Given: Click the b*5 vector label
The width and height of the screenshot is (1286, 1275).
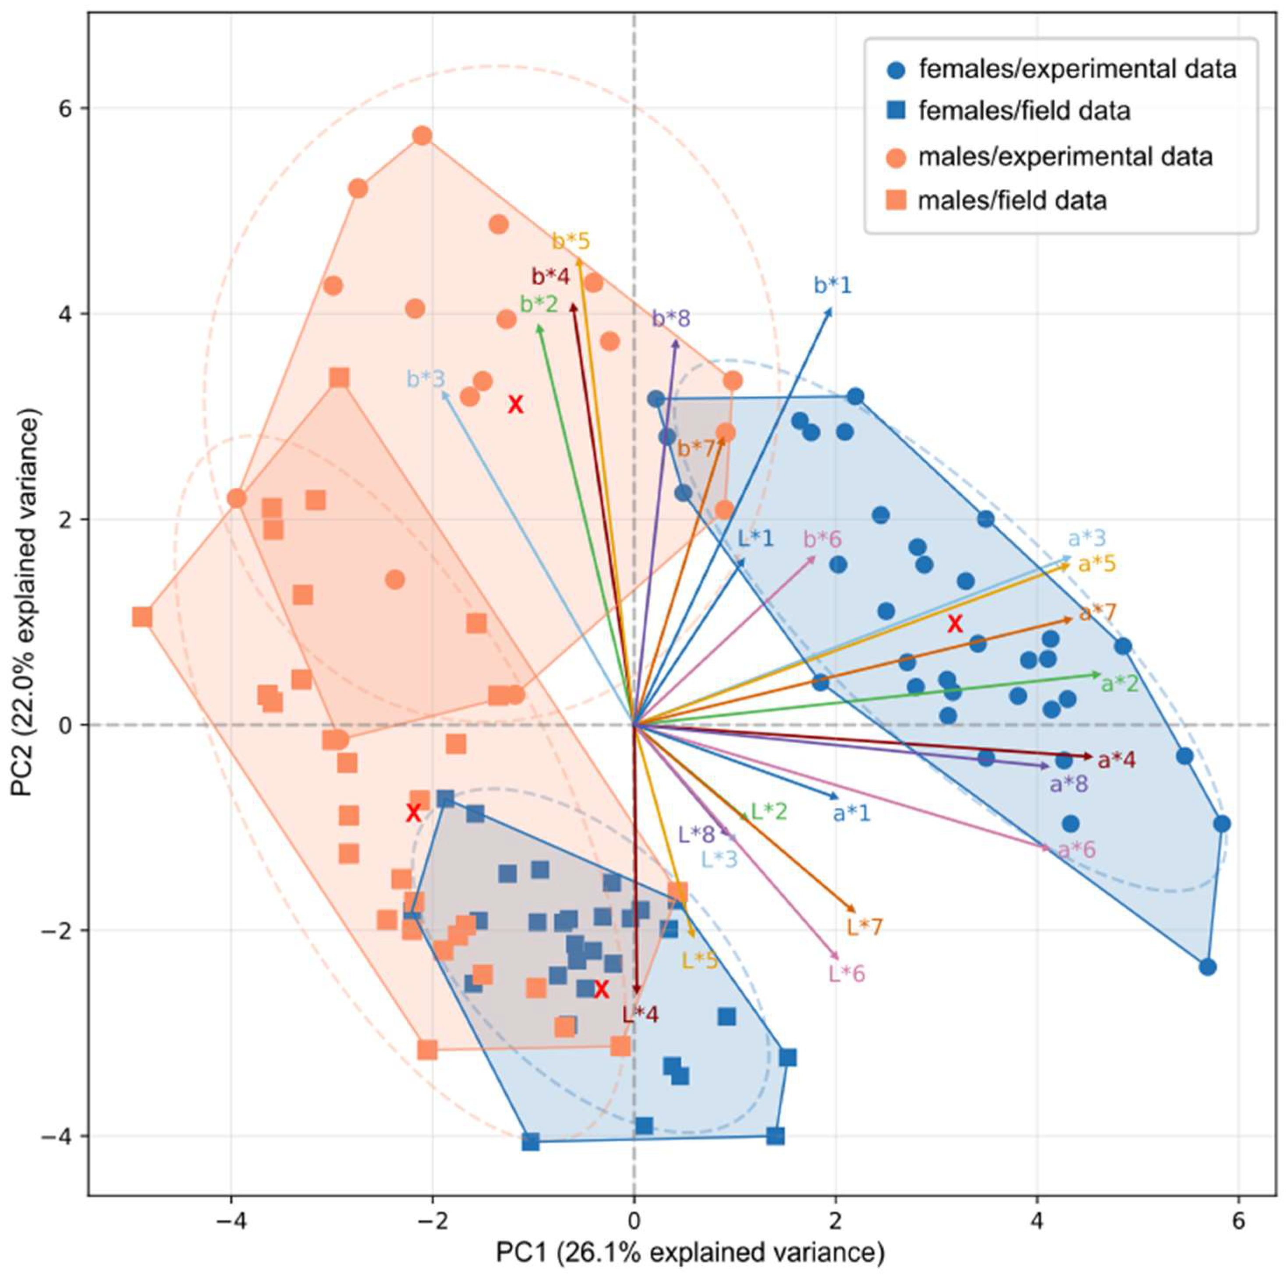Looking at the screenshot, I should tap(571, 241).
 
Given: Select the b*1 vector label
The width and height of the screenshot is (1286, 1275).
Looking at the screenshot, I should tap(833, 286).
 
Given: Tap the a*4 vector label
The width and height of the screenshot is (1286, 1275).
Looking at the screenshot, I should tap(1117, 760).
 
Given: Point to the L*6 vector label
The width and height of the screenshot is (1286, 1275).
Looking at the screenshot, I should tap(847, 974).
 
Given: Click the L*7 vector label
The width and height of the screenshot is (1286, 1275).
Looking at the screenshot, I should tap(864, 927).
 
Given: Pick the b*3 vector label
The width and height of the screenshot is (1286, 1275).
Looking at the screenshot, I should tap(426, 380).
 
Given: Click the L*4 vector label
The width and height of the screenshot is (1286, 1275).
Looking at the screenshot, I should tap(640, 1015).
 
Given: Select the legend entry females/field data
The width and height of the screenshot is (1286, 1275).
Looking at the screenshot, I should tap(1024, 110).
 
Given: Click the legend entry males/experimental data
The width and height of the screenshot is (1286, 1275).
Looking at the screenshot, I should tap(1065, 157).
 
